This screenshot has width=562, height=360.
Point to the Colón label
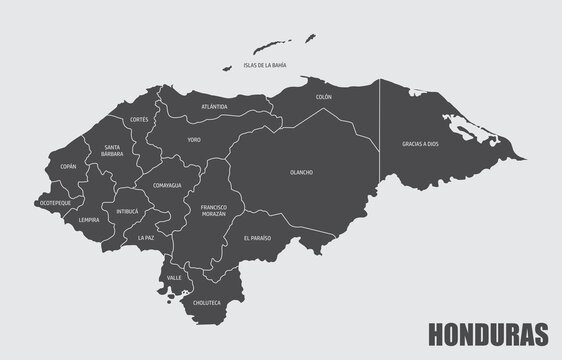(323, 97)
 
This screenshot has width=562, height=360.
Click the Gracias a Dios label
(420, 143)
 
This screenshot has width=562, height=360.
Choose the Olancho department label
(301, 172)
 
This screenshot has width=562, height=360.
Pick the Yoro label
(195, 141)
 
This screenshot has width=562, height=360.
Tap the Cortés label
(139, 119)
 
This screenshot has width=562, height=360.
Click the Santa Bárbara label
(113, 152)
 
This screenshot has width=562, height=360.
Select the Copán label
(68, 166)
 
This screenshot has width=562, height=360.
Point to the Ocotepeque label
(54, 202)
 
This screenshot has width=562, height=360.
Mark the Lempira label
(89, 219)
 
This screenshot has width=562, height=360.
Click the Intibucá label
(127, 211)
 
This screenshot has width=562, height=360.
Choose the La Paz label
(147, 238)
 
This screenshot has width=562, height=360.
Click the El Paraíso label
(257, 239)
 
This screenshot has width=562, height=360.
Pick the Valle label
(174, 275)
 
